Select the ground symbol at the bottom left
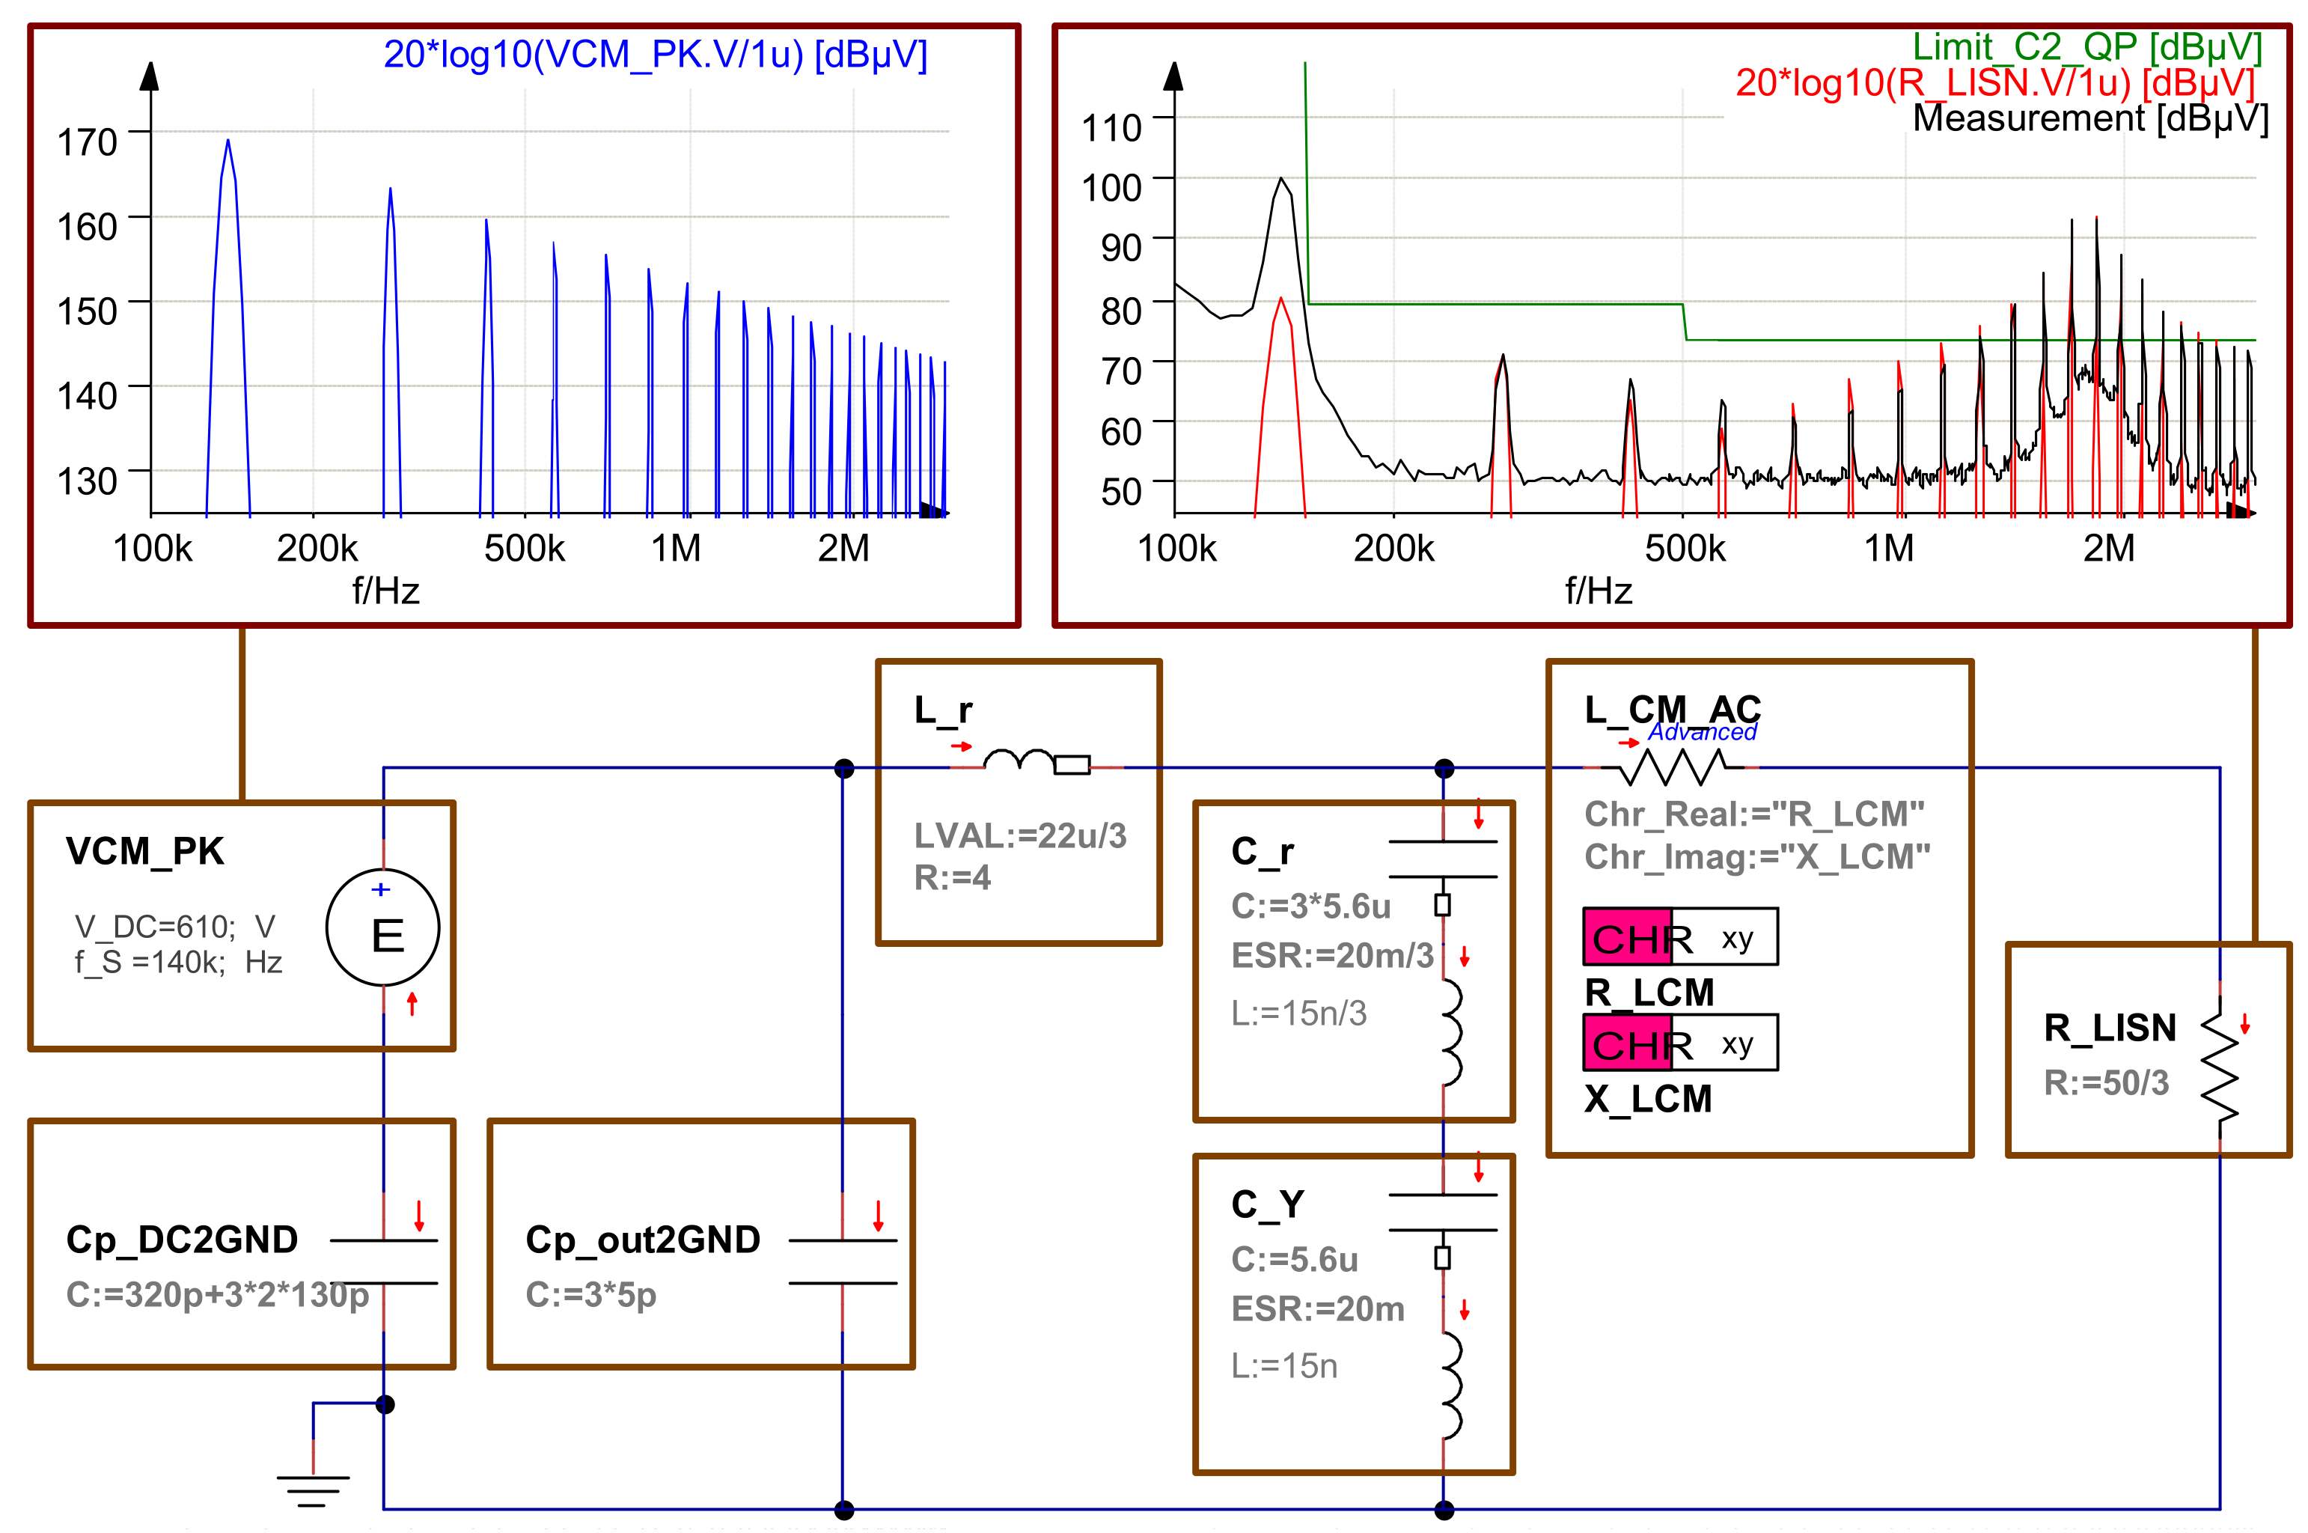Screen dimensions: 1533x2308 point(313,1489)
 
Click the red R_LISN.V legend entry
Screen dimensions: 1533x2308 point(1994,82)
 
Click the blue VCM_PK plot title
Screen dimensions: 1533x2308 point(655,54)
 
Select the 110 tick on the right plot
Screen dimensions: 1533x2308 point(1111,128)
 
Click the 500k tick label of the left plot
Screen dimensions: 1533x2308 point(524,549)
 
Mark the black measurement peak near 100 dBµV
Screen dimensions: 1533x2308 point(1280,181)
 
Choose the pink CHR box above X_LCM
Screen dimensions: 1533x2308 point(1628,1043)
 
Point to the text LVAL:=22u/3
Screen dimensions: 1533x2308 point(1019,836)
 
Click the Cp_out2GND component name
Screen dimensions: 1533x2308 point(642,1240)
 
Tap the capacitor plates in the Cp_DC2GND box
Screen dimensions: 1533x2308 point(383,1261)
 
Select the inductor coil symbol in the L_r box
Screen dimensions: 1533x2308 point(1019,761)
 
